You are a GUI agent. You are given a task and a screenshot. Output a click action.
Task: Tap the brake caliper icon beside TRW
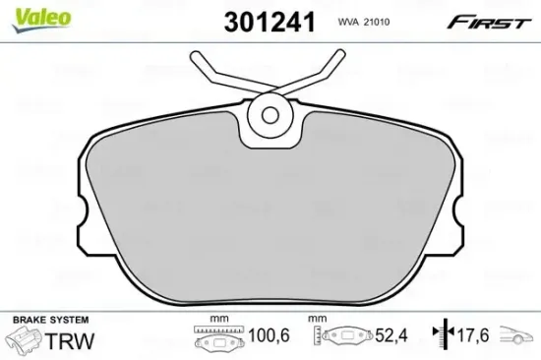[x=26, y=341]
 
